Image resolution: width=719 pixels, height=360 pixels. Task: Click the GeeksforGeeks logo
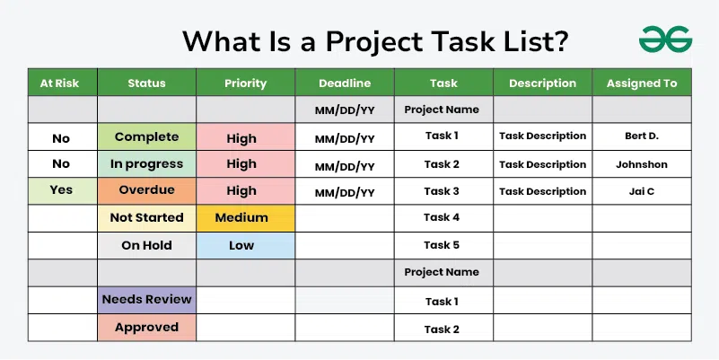[665, 39]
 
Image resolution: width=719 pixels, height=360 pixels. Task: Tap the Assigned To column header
[642, 83]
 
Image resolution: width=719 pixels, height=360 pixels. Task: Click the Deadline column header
[345, 83]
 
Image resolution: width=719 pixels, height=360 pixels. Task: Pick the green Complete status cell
[146, 136]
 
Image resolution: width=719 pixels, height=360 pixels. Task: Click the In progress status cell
[146, 164]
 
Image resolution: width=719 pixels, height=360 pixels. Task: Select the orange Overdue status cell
[146, 191]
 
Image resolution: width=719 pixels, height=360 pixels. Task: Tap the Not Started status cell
[146, 218]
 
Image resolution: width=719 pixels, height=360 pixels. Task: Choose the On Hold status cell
[146, 245]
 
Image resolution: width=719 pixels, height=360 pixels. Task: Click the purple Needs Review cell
[146, 300]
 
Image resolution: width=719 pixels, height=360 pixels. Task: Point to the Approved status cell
[146, 328]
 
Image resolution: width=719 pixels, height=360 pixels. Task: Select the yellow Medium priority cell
[246, 218]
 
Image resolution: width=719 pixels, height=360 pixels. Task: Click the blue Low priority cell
[246, 245]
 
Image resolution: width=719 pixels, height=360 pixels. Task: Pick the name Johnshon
[642, 164]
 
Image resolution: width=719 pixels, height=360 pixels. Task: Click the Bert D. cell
[642, 136]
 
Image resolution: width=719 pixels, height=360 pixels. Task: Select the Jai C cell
[642, 191]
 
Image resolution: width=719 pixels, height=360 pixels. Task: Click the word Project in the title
[374, 42]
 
